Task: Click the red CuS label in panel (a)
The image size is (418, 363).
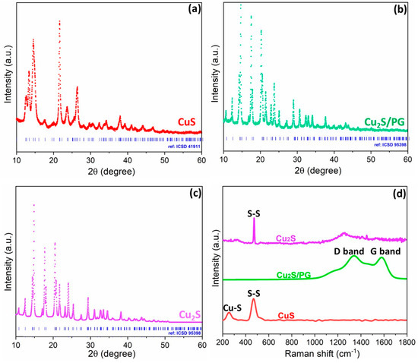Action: click(x=186, y=121)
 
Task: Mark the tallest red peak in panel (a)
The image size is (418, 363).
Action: click(x=59, y=21)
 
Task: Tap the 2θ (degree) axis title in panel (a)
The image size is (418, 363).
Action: click(x=109, y=172)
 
